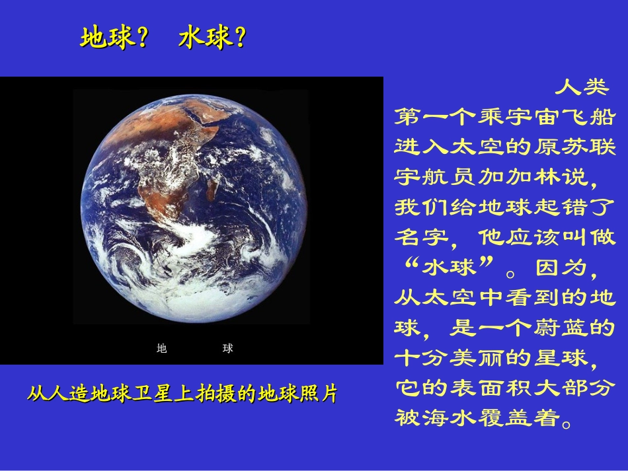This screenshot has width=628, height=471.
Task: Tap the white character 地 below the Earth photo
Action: [x=162, y=349]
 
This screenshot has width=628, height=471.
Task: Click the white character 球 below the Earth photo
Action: [x=228, y=349]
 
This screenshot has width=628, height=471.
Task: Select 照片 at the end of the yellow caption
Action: [x=318, y=394]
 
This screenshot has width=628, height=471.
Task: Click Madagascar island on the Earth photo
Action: [x=212, y=189]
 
